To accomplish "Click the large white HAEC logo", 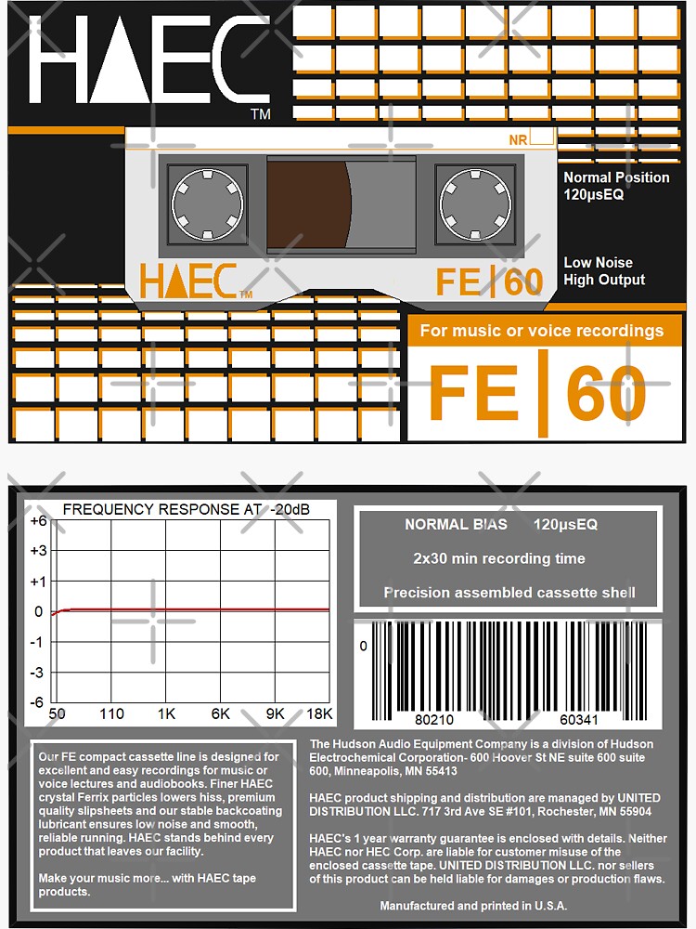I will (x=148, y=61).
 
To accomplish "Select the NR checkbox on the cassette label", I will (x=543, y=139).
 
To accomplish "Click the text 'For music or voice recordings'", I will (x=542, y=331).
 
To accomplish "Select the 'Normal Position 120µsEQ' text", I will (x=616, y=186).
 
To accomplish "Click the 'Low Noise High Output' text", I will (x=604, y=271).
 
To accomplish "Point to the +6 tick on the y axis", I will (x=38, y=521).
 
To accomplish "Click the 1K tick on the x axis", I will (x=166, y=713).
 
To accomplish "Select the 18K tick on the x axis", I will (x=319, y=713).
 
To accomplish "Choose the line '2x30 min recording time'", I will (x=499, y=558).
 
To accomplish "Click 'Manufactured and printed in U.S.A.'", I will (x=473, y=906).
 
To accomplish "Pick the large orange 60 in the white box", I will (x=606, y=392).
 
